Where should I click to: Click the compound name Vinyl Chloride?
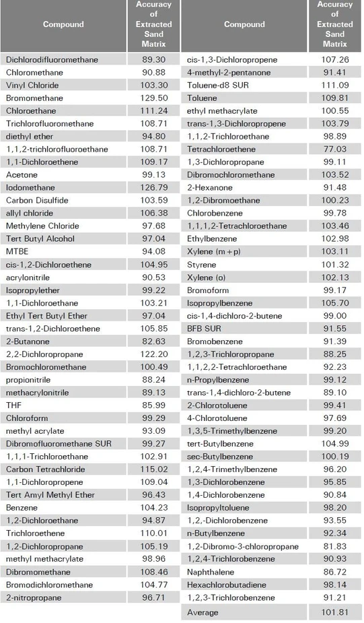(32, 86)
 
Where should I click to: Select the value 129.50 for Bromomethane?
(154, 98)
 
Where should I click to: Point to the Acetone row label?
(22, 175)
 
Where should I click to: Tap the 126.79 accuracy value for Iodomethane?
(154, 188)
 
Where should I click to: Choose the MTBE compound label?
(16, 252)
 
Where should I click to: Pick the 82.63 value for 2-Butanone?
(154, 341)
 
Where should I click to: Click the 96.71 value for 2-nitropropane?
(154, 597)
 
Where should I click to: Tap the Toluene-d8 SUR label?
(213, 86)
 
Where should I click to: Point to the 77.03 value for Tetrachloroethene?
(334, 150)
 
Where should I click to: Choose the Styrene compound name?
(201, 265)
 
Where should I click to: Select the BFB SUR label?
(205, 329)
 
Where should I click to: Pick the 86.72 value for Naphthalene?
(334, 572)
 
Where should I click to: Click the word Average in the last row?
(203, 612)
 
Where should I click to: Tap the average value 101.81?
(334, 612)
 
